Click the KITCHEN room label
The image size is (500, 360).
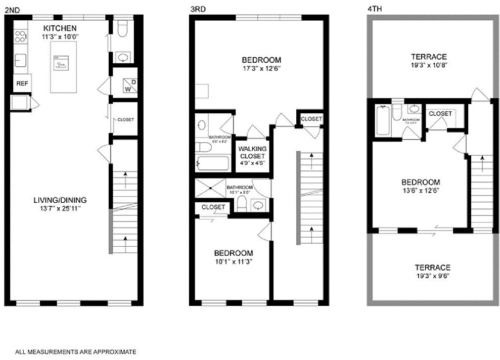coord(60,27)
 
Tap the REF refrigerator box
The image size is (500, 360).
coord(22,84)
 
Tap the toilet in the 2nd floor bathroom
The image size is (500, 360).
coord(122,32)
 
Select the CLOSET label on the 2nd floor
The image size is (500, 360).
coord(125,120)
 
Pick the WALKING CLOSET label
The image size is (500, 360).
coord(252,152)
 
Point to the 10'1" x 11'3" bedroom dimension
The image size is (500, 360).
coord(233,261)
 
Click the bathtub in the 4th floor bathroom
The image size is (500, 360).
coord(383,120)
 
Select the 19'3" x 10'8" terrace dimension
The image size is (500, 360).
coord(429,65)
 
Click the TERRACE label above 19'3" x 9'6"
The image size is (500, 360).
coord(432,267)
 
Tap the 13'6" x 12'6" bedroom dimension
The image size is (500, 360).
coord(421,191)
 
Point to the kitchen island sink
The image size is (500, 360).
coord(61,64)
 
